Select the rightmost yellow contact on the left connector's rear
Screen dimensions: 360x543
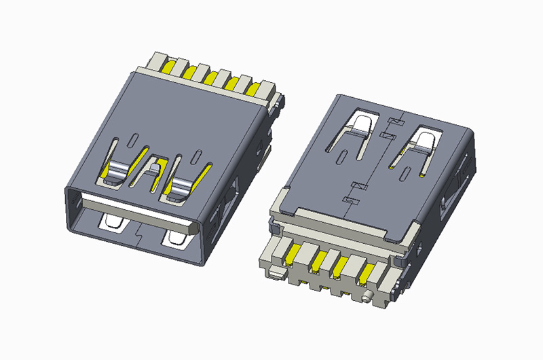[x=256, y=88]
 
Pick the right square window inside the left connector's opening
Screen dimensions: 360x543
[x=174, y=238]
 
